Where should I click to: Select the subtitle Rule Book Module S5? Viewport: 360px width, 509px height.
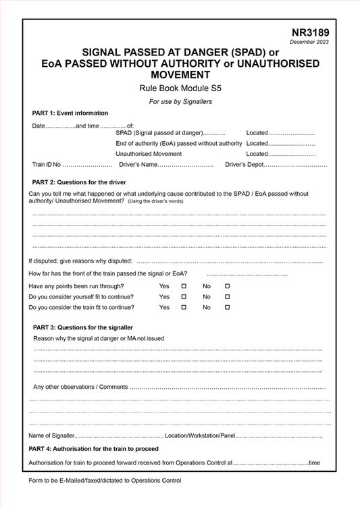pyautogui.click(x=180, y=88)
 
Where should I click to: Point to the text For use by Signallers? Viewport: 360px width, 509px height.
pyautogui.click(x=180, y=101)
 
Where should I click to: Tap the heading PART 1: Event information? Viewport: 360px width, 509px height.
pyautogui.click(x=70, y=113)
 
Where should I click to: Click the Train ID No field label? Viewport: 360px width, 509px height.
pyautogui.click(x=47, y=165)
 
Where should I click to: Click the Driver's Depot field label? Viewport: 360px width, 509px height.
pyautogui.click(x=245, y=165)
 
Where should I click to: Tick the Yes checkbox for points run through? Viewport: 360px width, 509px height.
pyautogui.click(x=184, y=286)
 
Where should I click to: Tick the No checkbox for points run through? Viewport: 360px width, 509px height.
pyautogui.click(x=227, y=286)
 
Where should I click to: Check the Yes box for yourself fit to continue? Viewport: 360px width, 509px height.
pyautogui.click(x=184, y=297)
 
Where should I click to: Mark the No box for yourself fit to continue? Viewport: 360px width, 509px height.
pyautogui.click(x=227, y=297)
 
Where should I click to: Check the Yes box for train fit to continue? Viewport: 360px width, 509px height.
pyautogui.click(x=184, y=307)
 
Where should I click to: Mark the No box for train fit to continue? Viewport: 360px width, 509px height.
pyautogui.click(x=227, y=307)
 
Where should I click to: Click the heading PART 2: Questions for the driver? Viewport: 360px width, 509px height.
pyautogui.click(x=79, y=182)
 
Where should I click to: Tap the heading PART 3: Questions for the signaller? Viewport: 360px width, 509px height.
pyautogui.click(x=82, y=327)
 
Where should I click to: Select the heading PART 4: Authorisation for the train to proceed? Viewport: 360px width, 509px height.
pyautogui.click(x=94, y=449)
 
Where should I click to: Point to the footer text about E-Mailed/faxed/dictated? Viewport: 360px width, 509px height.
pyautogui.click(x=105, y=481)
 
